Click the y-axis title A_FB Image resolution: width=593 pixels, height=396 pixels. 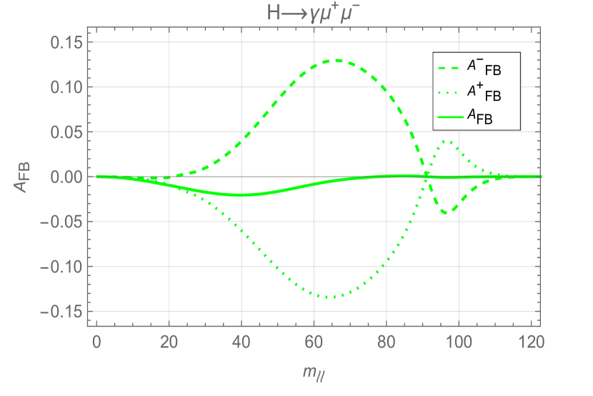tap(21, 176)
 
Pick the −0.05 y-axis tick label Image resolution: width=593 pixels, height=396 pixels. tap(62, 222)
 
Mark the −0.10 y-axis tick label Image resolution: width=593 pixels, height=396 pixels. tap(62, 267)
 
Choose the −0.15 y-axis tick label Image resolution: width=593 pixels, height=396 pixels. tap(62, 312)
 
